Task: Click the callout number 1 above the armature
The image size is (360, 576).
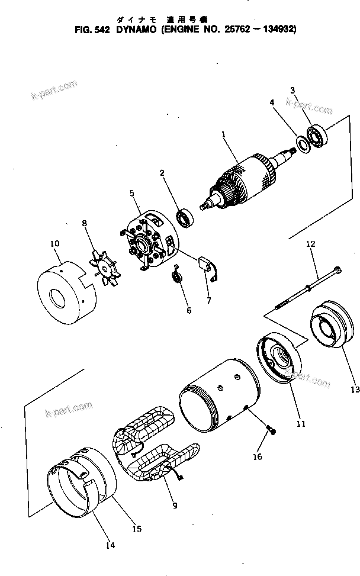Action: pos(224,134)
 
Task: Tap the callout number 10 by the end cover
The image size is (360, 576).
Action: pos(54,243)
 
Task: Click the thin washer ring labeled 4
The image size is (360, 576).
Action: pos(301,143)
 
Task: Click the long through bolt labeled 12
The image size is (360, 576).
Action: pos(307,288)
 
